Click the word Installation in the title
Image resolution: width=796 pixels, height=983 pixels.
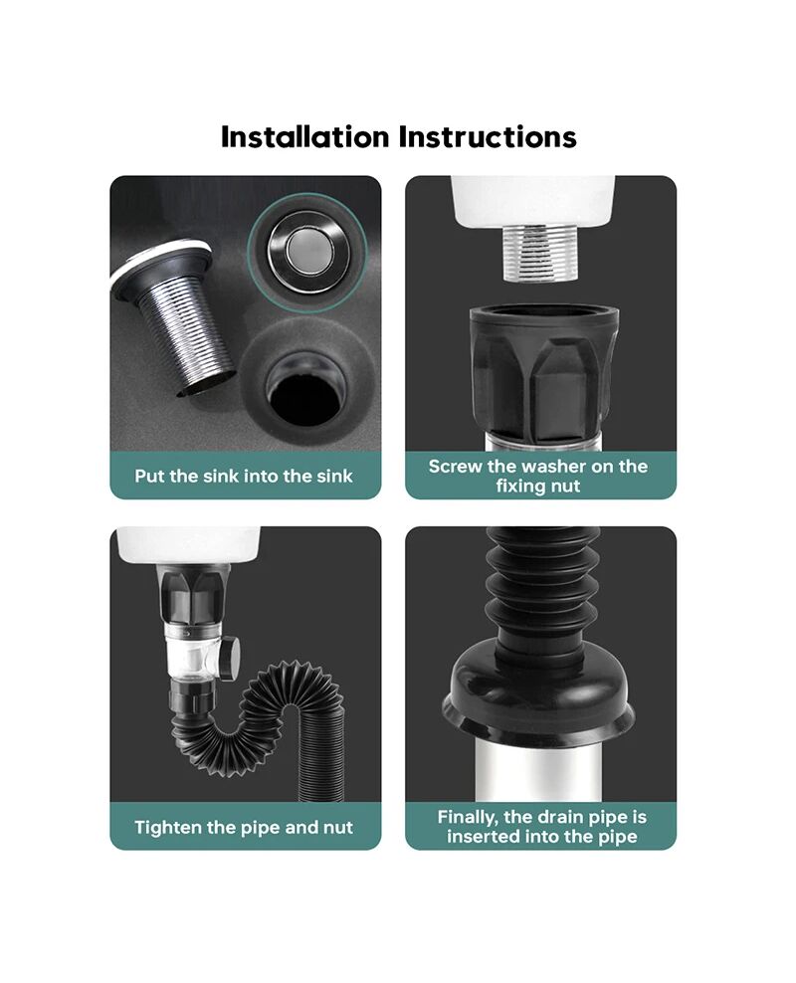pyautogui.click(x=304, y=136)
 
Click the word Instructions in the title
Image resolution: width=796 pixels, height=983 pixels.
pyautogui.click(x=488, y=136)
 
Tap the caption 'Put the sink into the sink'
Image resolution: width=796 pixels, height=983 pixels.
pyautogui.click(x=244, y=476)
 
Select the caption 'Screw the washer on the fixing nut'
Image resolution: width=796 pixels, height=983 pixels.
pyautogui.click(x=537, y=476)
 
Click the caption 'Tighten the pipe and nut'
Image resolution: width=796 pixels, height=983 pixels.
pyautogui.click(x=244, y=827)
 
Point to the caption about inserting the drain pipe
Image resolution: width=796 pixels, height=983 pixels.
pyautogui.click(x=541, y=826)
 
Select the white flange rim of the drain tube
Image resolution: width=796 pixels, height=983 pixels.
pyautogui.click(x=160, y=264)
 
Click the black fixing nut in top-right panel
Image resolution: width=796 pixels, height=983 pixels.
pyautogui.click(x=543, y=373)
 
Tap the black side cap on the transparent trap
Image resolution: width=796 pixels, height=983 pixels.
pyautogui.click(x=231, y=657)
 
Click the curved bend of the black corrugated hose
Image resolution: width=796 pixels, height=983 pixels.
pyautogui.click(x=276, y=702)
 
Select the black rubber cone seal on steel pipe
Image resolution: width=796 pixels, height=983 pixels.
pyautogui.click(x=537, y=695)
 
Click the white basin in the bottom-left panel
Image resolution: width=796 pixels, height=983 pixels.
pyautogui.click(x=189, y=544)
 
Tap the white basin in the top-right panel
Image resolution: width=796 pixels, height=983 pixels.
pyautogui.click(x=532, y=199)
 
